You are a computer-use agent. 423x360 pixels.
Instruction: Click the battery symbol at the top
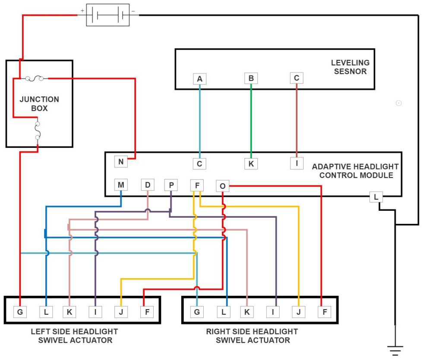[108, 16]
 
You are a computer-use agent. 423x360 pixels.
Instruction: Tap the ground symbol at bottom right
[395, 350]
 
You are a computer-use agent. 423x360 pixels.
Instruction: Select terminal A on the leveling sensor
[199, 78]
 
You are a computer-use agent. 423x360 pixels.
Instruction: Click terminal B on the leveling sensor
[251, 78]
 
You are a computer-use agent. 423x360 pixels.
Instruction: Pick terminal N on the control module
[120, 162]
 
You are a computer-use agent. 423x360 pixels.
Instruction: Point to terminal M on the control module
[121, 185]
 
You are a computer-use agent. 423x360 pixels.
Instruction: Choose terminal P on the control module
[171, 185]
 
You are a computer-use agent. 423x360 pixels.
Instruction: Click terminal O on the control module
[222, 186]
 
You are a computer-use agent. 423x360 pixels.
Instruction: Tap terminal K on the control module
[251, 164]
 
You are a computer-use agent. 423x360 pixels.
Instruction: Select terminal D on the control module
[148, 185]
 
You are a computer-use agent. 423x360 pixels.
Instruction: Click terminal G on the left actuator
[20, 311]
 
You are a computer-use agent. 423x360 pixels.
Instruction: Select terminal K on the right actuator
[246, 311]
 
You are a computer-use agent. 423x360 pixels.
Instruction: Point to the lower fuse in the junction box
[37, 130]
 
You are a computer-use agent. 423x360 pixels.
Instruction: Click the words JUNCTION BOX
[39, 104]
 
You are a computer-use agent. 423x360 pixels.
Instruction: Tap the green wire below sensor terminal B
[251, 121]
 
